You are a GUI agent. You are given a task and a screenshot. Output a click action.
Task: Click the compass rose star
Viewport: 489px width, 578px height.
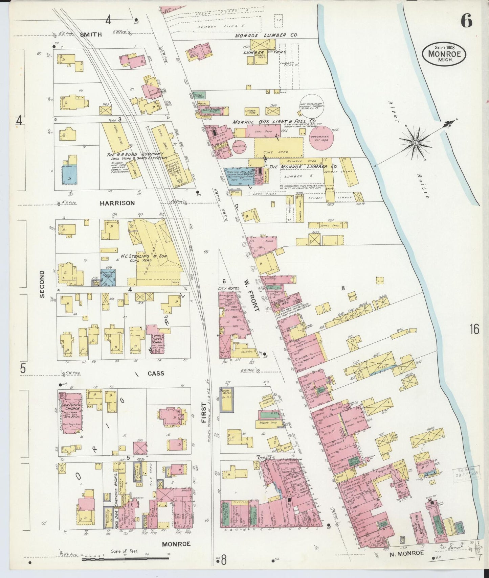[x=415, y=143]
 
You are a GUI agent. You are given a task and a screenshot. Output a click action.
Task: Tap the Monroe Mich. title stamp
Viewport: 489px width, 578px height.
[x=444, y=54]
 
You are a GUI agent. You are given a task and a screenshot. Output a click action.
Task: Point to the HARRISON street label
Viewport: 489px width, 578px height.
[x=117, y=203]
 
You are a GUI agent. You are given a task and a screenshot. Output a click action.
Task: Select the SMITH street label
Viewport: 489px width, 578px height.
[x=91, y=34]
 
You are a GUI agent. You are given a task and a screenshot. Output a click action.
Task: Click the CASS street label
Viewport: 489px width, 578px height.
[x=156, y=374]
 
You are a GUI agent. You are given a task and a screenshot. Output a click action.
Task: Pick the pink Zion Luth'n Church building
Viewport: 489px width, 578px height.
[x=70, y=413]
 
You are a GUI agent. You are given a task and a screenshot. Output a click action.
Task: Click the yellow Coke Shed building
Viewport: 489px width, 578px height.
[x=278, y=147]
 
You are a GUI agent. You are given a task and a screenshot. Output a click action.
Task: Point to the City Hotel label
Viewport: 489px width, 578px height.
[x=229, y=288]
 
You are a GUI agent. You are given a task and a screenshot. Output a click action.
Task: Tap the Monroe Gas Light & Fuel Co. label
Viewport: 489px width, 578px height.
[x=274, y=121]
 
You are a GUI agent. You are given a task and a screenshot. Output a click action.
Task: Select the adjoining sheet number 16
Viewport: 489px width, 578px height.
[x=474, y=329]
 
